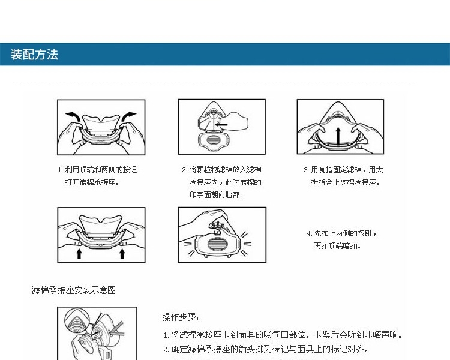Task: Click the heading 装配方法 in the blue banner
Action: [34, 54]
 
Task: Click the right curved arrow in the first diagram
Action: [128, 116]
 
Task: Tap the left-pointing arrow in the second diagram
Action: [221, 125]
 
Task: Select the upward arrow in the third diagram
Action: [338, 136]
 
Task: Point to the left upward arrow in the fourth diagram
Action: [79, 253]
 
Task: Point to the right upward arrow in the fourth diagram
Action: [122, 253]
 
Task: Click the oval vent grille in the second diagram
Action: [213, 140]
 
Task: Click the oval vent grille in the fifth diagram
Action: [217, 244]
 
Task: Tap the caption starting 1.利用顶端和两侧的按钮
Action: [97, 176]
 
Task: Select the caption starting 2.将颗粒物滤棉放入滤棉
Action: [221, 182]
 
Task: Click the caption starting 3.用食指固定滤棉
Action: [344, 176]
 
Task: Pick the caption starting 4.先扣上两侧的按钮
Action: [342, 239]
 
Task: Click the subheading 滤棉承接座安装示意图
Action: [74, 290]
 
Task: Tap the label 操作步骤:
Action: [181, 317]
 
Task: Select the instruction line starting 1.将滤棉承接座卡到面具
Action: [283, 334]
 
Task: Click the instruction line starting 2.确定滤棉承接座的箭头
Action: [266, 349]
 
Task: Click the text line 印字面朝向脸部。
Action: [217, 194]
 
